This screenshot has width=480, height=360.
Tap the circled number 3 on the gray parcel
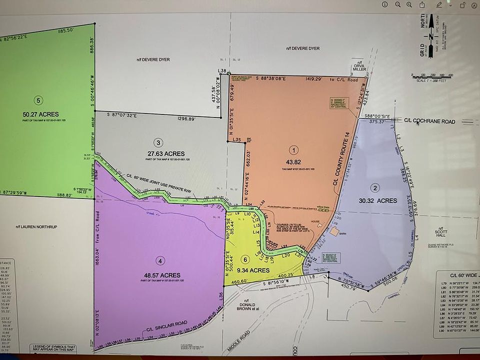point(158,142)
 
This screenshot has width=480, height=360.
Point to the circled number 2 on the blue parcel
point(375,188)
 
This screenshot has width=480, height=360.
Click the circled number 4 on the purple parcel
point(159,260)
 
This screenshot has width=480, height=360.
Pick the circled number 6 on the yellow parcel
point(244,259)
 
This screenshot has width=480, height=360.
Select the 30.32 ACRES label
point(377,200)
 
